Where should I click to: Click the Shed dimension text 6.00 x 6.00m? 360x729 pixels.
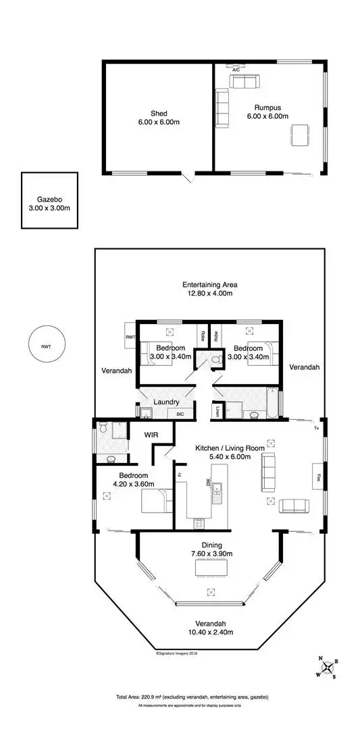click(159, 123)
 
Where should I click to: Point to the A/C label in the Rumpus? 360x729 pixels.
click(236, 70)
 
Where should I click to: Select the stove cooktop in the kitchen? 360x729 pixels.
click(199, 522)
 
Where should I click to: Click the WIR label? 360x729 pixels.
click(151, 435)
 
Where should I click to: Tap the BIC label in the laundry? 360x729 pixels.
click(180, 414)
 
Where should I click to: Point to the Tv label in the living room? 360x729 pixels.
click(315, 429)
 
